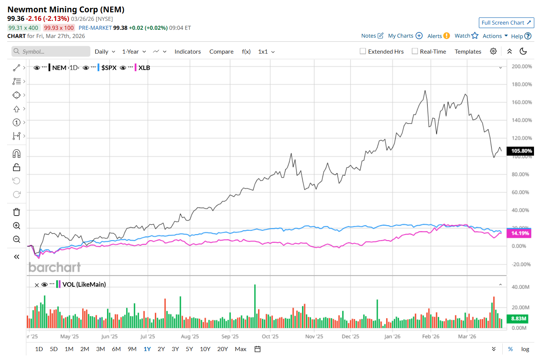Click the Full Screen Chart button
pyautogui.click(x=506, y=23)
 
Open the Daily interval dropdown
pyautogui.click(x=105, y=52)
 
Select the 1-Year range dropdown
pyautogui.click(x=134, y=52)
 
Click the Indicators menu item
pyautogui.click(x=188, y=52)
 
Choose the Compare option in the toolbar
pyautogui.click(x=221, y=52)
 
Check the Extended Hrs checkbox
pyautogui.click(x=363, y=51)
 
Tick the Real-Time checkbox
pyautogui.click(x=415, y=51)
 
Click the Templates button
pyautogui.click(x=468, y=52)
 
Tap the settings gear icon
pyautogui.click(x=493, y=51)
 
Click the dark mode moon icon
pyautogui.click(x=523, y=51)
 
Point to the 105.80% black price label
pyautogui.click(x=521, y=151)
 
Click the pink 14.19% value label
pyautogui.click(x=519, y=233)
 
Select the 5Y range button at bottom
pyautogui.click(x=189, y=349)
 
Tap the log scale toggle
pyautogui.click(x=525, y=349)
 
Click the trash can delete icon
pyautogui.click(x=16, y=212)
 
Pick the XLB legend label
pyautogui.click(x=144, y=68)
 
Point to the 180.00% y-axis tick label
pyautogui.click(x=522, y=85)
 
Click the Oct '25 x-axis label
pyautogui.click(x=270, y=337)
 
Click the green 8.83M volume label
pyautogui.click(x=518, y=319)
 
